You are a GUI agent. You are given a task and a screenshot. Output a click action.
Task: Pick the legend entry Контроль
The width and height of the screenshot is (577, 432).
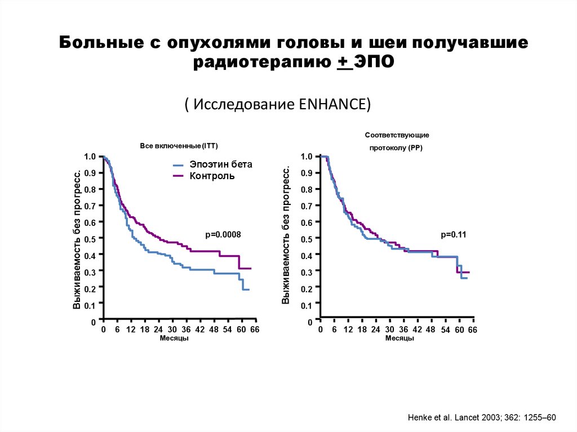click(212, 176)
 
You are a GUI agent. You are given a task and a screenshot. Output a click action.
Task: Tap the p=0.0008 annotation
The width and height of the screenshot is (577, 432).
click(223, 235)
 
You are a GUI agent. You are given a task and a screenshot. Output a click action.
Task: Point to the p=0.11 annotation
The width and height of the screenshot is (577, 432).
click(454, 234)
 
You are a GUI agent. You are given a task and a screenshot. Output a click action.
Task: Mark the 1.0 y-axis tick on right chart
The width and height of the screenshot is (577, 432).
click(307, 157)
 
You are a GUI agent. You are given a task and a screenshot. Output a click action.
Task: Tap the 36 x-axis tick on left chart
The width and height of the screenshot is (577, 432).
click(186, 329)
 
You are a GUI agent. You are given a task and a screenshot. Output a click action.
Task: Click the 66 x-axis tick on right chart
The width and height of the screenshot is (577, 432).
click(472, 329)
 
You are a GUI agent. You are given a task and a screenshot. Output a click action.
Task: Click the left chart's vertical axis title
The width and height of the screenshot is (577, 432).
click(77, 238)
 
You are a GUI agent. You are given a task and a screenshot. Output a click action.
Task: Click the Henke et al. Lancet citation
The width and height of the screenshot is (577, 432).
click(481, 417)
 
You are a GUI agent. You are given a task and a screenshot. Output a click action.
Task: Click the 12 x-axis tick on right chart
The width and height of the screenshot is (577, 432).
click(349, 329)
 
